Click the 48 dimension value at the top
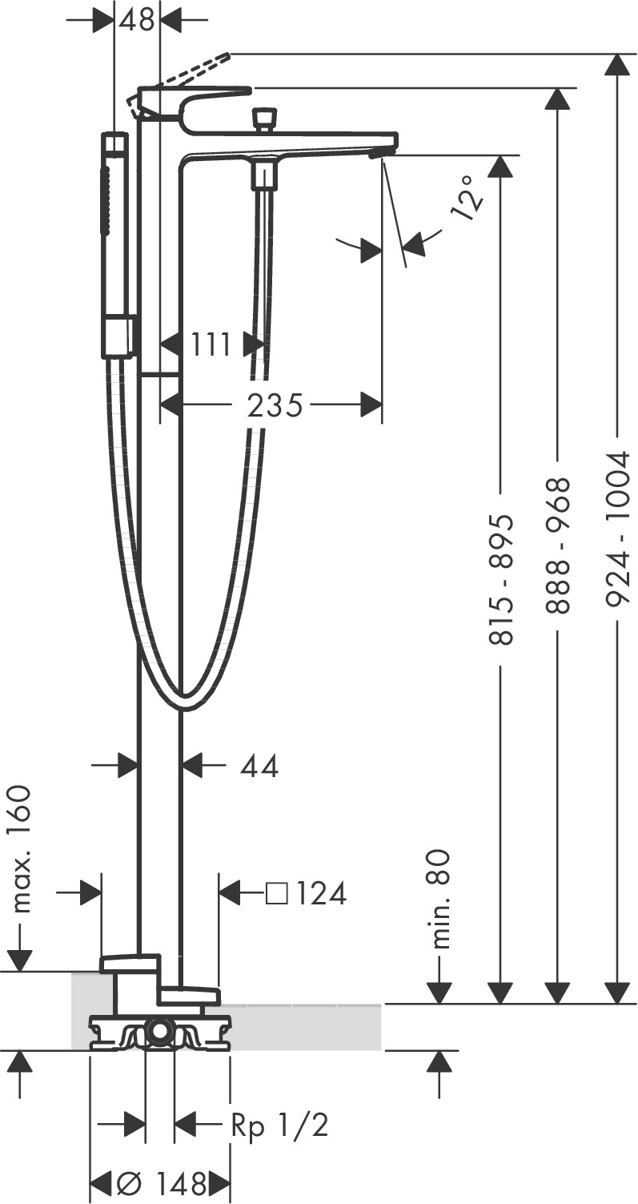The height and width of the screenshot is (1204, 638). point(137,20)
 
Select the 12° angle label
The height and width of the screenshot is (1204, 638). point(467,198)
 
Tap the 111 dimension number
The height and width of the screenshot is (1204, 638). point(211,344)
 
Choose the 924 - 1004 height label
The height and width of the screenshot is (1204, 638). point(616,530)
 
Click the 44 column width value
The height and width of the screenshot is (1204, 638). point(259,766)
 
